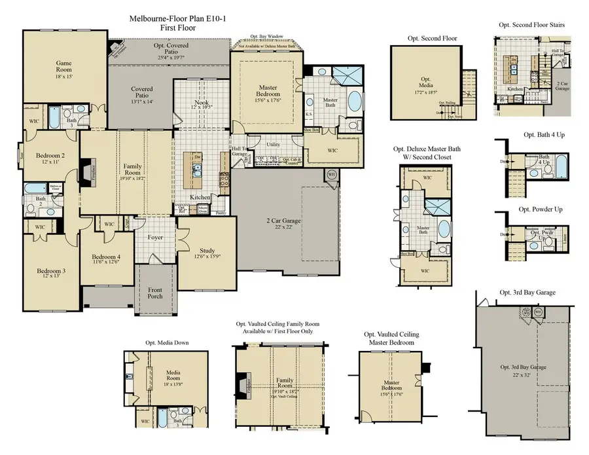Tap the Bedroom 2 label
[48, 156]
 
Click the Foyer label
[155, 237]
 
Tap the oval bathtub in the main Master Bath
[353, 101]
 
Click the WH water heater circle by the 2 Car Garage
[331, 174]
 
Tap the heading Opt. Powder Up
[541, 209]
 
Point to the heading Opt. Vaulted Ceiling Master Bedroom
[391, 338]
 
